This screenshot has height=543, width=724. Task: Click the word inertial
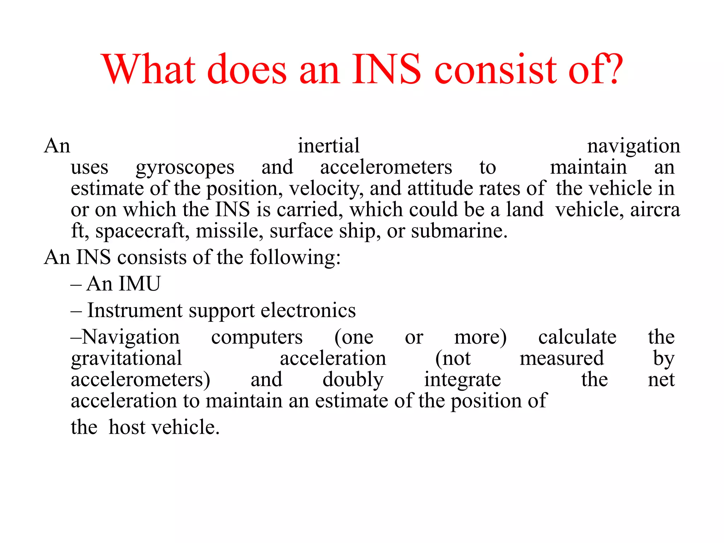[x=328, y=146]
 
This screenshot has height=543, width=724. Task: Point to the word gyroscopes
[x=185, y=168]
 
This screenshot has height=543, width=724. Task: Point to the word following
[x=295, y=257]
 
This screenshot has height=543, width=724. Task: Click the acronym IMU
[x=140, y=284]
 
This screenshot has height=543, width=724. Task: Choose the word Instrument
[x=135, y=310]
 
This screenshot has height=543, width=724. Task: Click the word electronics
[x=308, y=310]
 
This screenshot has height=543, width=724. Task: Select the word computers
[x=257, y=337]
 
